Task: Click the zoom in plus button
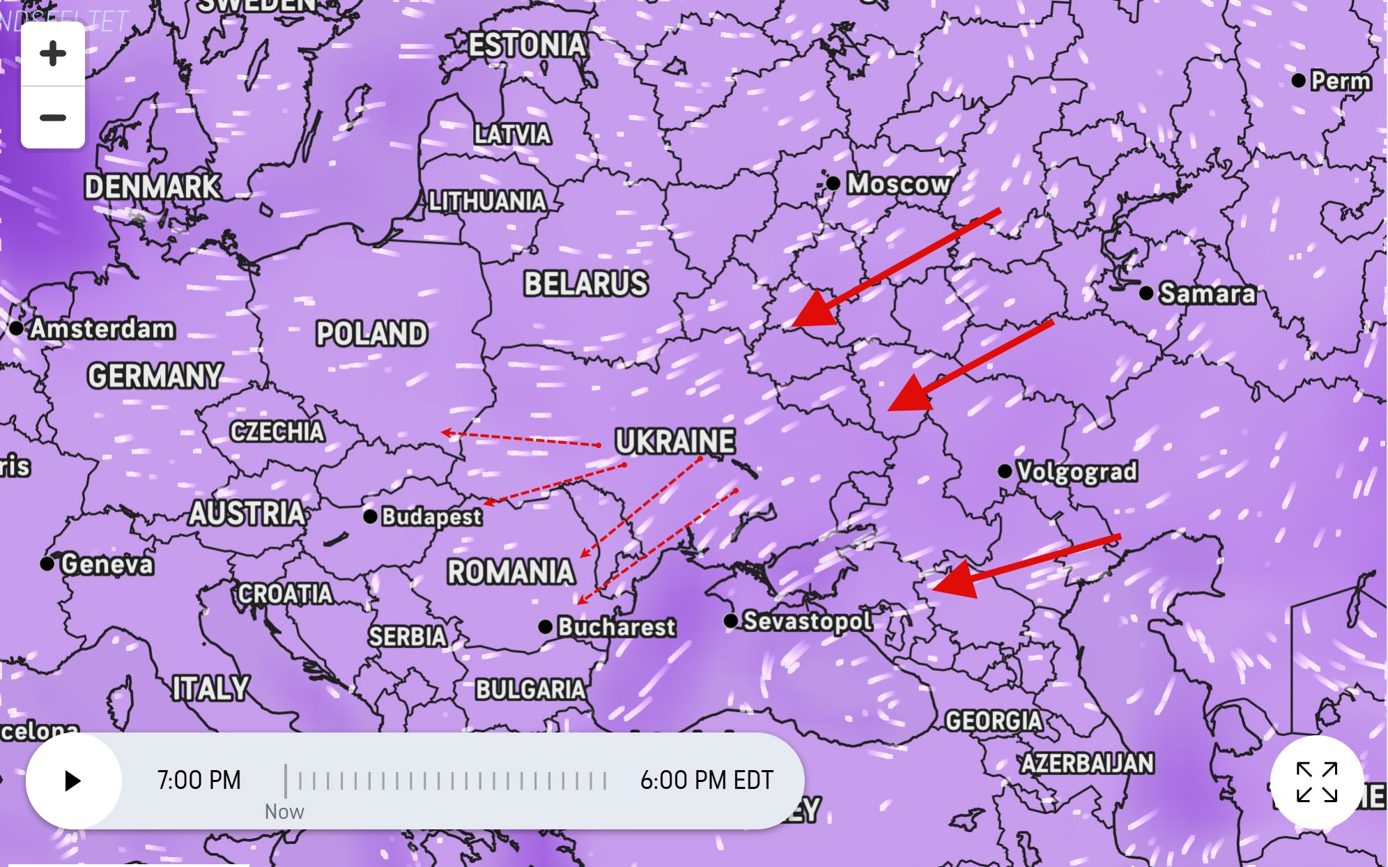(x=53, y=54)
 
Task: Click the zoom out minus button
(x=53, y=117)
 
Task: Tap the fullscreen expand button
(x=1316, y=782)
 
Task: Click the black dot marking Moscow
(x=833, y=183)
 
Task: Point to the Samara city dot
(x=1146, y=293)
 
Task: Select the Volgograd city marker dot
(x=1005, y=471)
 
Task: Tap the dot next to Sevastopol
(x=730, y=620)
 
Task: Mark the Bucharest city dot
(x=546, y=627)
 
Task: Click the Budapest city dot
(x=370, y=516)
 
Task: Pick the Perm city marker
(x=1298, y=81)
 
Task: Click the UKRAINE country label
(x=674, y=441)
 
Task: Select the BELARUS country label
(x=586, y=284)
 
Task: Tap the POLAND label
(x=371, y=333)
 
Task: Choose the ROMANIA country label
(x=511, y=572)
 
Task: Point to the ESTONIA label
(x=527, y=45)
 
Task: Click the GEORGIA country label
(x=994, y=720)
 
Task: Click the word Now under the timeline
(x=284, y=812)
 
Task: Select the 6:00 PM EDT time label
(x=707, y=780)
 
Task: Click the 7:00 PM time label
(x=199, y=780)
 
